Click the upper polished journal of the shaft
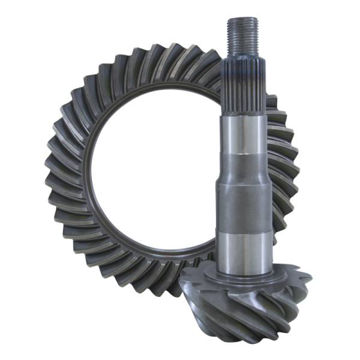pos(244,135)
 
